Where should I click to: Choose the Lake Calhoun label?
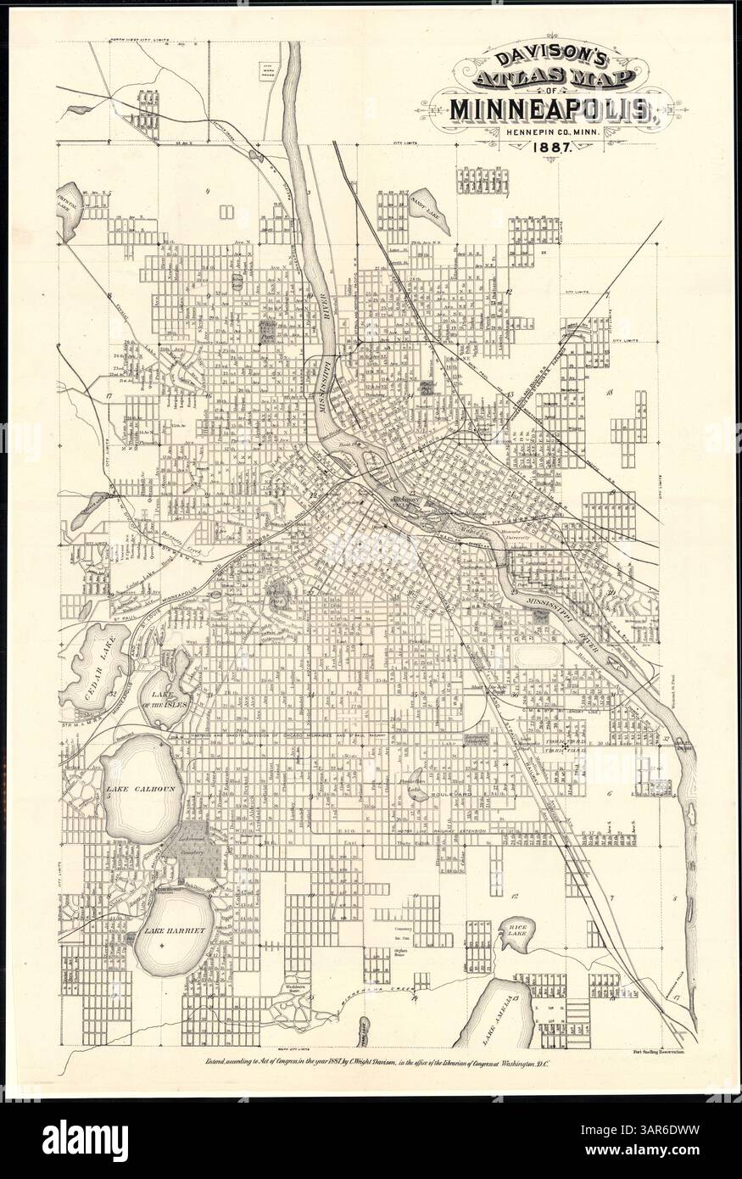point(140,789)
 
